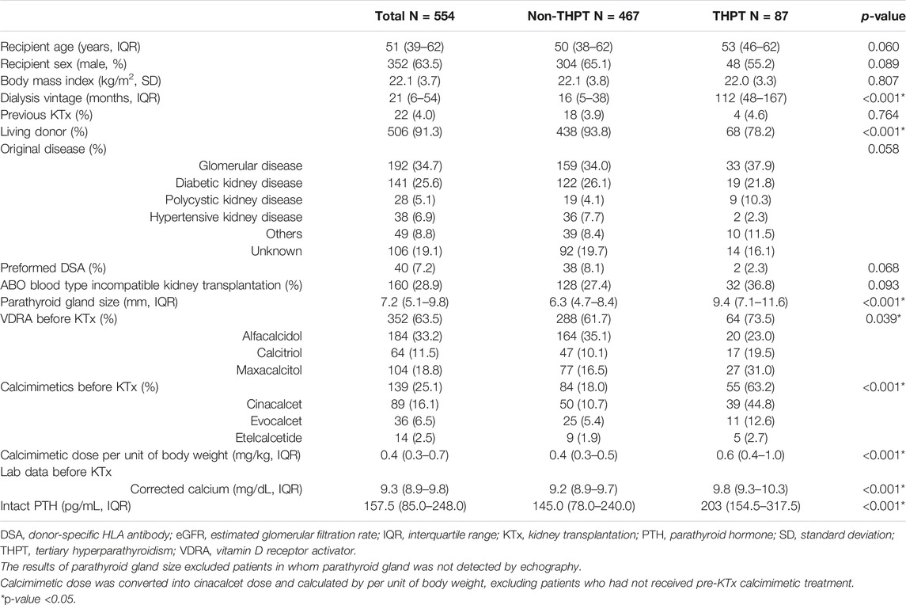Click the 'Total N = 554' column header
415,16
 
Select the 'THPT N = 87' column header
750,16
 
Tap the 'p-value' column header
883,17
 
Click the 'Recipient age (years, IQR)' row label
70,47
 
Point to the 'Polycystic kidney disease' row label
233,200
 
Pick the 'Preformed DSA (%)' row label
53,268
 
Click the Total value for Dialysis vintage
415,97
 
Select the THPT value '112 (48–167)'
750,97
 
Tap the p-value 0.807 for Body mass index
884,81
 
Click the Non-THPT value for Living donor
583,132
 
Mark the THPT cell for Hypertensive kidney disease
750,217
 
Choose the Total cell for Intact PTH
415,506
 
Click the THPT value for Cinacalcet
750,405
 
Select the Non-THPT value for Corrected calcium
583,489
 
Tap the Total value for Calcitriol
415,353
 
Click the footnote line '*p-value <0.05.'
38,599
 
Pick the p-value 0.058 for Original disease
884,149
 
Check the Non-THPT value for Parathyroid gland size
583,302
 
